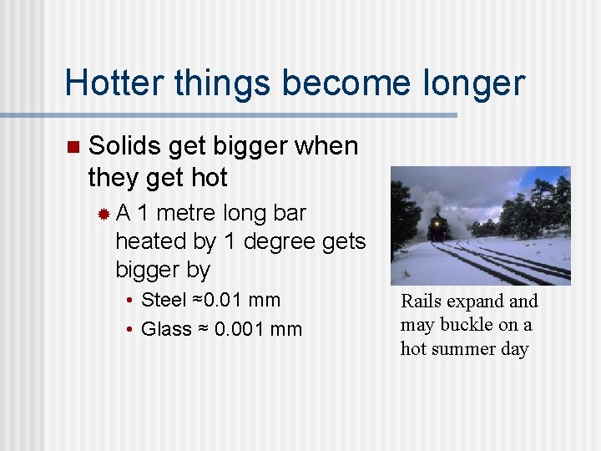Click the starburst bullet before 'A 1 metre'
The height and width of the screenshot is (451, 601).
pyautogui.click(x=104, y=214)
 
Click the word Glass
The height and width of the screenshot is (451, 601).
pyautogui.click(x=166, y=329)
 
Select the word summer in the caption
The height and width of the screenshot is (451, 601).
pyautogui.click(x=468, y=348)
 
